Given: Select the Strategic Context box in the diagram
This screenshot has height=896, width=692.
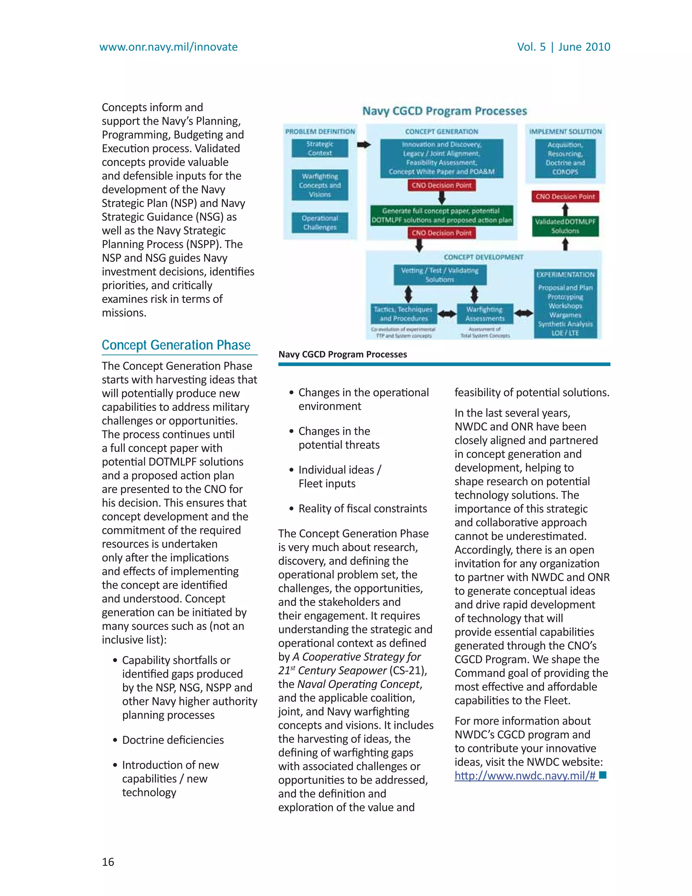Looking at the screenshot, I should tap(320, 148).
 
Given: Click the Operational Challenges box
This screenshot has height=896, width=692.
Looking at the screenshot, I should tap(320, 223).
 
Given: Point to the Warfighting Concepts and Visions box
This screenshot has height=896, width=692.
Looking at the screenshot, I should tap(320, 185).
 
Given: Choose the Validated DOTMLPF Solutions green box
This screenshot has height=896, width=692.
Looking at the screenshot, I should tap(565, 226).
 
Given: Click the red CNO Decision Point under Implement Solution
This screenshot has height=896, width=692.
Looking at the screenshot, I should tap(565, 196).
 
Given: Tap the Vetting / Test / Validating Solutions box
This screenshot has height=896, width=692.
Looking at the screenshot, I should tap(440, 275).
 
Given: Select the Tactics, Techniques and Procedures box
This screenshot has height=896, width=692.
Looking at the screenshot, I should tap(403, 314).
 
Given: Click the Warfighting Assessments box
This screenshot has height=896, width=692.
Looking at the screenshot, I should tap(485, 314).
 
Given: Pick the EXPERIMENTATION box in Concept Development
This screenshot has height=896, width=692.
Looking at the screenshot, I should tap(565, 304).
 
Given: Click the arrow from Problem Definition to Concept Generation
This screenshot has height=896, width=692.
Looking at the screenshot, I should tap(364, 144).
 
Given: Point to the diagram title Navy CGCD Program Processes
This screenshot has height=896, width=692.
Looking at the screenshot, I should tap(444, 111).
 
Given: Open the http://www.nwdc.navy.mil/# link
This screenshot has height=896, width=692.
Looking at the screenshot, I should tap(525, 775).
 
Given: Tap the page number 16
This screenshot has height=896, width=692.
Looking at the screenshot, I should tap(108, 862).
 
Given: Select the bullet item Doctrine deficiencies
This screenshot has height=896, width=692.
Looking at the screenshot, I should tap(173, 740).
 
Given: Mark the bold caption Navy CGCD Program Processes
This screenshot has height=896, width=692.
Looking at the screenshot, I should tap(342, 354).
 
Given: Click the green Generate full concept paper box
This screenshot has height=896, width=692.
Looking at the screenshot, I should tap(442, 215).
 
